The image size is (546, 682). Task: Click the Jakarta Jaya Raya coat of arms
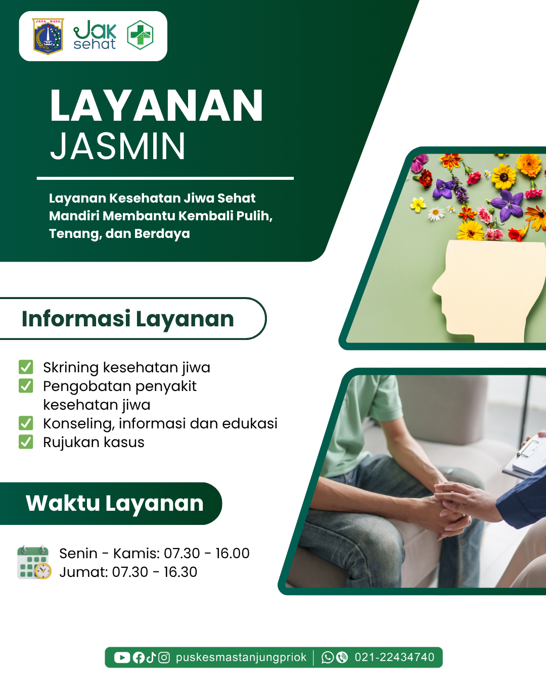[x=48, y=36]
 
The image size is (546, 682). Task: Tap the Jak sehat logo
[x=95, y=35]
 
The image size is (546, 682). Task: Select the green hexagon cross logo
[x=140, y=35]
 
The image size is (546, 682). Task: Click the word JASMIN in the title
[x=118, y=146]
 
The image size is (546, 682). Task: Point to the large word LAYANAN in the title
[x=156, y=105]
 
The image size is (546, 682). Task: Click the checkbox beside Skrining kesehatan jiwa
[x=26, y=367]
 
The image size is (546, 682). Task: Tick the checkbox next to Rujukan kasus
[x=26, y=442]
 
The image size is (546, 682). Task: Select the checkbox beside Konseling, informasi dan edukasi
[x=26, y=423]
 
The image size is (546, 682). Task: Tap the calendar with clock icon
[x=34, y=562]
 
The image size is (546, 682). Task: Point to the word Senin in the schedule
[x=78, y=553]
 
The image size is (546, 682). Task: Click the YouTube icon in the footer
[x=122, y=658]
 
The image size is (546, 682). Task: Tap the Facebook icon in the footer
[x=139, y=658]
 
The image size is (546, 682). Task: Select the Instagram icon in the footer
[x=164, y=658]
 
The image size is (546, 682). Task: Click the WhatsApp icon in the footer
[x=328, y=658]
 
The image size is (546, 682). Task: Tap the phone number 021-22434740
[x=394, y=657]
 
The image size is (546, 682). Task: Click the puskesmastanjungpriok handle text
[x=241, y=658]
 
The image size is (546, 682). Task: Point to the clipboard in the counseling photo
[x=525, y=456]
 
